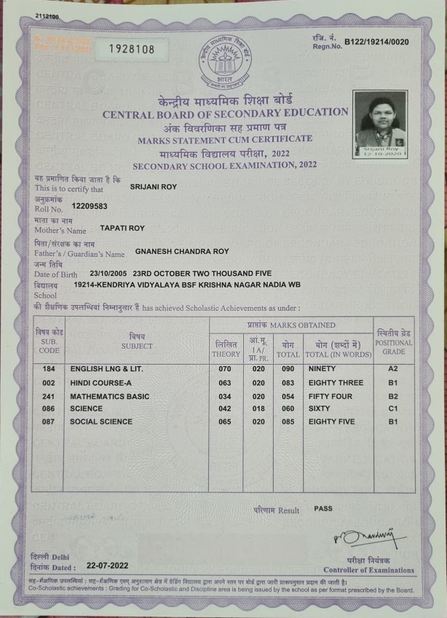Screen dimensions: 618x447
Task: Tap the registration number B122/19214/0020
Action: (376, 42)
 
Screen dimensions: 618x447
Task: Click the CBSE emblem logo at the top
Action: (223, 62)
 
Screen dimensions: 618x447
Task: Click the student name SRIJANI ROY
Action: (153, 186)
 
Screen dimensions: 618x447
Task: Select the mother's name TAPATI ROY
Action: (122, 228)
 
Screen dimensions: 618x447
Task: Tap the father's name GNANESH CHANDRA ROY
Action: (182, 251)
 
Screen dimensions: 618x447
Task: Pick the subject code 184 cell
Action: (49, 369)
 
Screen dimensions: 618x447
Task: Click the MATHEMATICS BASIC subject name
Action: (109, 396)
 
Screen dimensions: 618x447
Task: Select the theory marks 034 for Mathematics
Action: (225, 396)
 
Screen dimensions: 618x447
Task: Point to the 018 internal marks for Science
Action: (258, 409)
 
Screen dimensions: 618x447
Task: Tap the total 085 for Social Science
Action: (288, 421)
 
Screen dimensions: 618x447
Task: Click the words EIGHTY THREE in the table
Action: (336, 382)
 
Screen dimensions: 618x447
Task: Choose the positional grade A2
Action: (392, 369)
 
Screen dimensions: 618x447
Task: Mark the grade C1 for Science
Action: (392, 409)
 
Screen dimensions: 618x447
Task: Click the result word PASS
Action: (323, 509)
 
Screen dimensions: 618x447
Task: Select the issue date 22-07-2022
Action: (107, 565)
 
